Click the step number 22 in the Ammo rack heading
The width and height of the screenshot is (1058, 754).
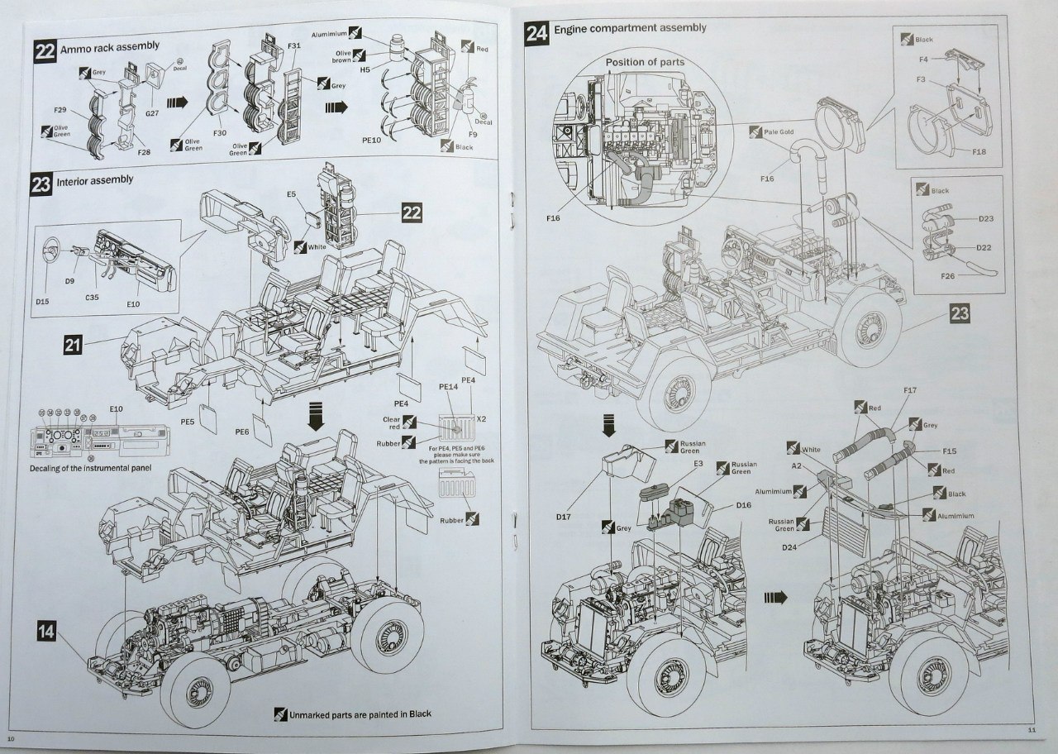click(45, 49)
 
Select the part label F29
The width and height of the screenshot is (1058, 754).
click(60, 110)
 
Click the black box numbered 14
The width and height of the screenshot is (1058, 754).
click(47, 632)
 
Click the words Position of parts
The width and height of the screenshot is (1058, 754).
click(645, 62)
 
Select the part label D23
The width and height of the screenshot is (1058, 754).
click(986, 218)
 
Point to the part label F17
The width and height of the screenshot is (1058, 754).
click(910, 389)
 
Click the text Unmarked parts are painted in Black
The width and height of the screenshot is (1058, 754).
click(360, 714)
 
